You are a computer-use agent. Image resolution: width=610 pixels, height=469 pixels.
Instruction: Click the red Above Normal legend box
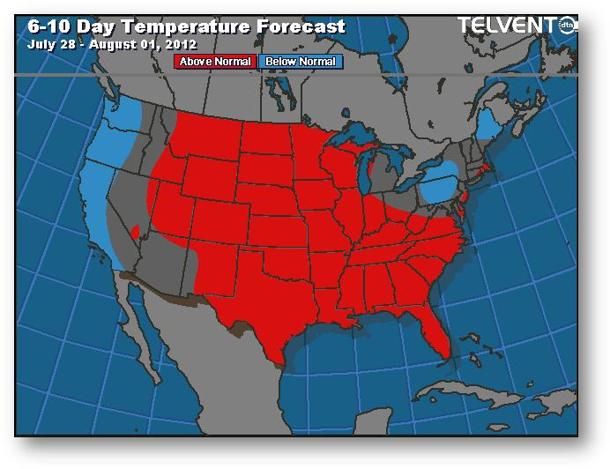pos(216,62)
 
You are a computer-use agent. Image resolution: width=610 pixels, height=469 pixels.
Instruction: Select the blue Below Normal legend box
pos(301,62)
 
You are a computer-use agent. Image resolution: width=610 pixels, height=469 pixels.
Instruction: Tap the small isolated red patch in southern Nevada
pos(135,234)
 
